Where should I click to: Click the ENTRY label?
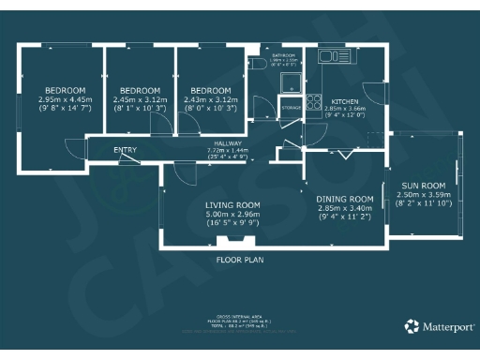point(125,150)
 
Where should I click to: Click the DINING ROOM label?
point(344,200)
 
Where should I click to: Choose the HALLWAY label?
point(227,142)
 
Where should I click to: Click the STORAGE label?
point(292,109)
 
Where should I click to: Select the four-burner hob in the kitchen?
point(313,101)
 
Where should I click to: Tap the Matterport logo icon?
point(412,326)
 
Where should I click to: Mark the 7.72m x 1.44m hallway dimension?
point(227,150)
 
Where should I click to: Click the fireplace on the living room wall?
point(232,242)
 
